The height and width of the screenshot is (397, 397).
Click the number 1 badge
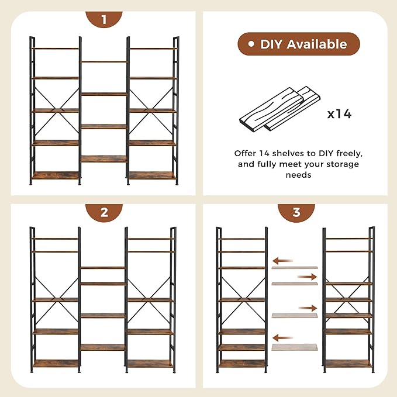tap(103, 19)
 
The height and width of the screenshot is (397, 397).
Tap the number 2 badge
tap(103, 212)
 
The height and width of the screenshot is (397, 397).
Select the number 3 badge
tap(296, 212)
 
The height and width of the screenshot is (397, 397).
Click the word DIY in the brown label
tap(275, 44)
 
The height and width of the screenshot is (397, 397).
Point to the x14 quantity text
tap(339, 113)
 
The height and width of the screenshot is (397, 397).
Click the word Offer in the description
tap(246, 153)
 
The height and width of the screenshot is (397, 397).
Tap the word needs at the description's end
tap(298, 175)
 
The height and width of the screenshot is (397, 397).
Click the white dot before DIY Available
tap(251, 44)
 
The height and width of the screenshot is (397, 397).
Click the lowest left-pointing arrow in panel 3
tap(283, 337)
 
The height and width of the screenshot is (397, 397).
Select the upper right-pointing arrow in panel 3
tap(307, 276)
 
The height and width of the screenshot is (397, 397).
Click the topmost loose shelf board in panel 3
tap(295, 268)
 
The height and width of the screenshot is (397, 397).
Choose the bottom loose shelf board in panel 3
tap(295, 347)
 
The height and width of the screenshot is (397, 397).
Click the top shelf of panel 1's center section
tap(103, 61)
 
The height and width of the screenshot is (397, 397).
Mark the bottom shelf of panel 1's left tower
tap(55, 175)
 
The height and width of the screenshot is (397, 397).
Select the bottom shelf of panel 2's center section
tap(103, 347)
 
